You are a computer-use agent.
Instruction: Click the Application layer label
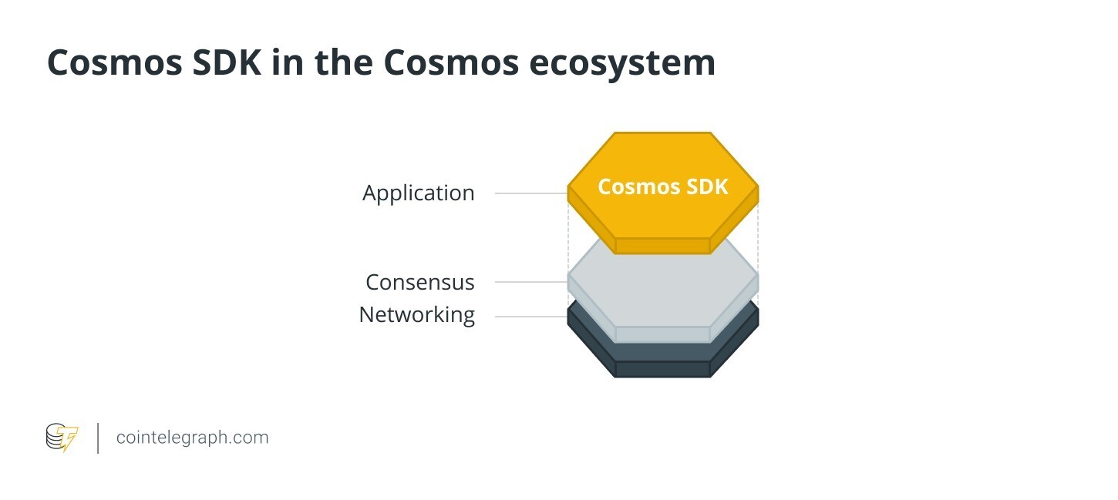click(x=418, y=193)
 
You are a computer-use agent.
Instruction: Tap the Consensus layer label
click(x=419, y=282)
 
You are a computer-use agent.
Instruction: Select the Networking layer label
click(x=416, y=314)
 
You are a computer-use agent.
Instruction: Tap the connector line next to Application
click(x=530, y=193)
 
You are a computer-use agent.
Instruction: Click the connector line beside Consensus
click(x=530, y=282)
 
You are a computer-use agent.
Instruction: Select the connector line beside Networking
click(x=530, y=317)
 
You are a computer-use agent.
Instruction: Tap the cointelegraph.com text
click(x=192, y=438)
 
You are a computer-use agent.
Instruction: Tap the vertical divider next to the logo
click(x=98, y=438)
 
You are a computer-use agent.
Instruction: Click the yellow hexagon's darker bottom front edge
click(x=662, y=246)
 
